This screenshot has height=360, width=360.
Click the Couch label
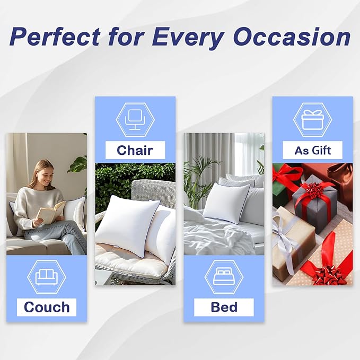47,307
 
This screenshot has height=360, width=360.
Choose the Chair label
135,150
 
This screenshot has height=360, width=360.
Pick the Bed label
224,307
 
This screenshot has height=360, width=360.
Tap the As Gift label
312,150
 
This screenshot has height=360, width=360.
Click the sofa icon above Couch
47,277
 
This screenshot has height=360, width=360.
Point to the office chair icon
135,120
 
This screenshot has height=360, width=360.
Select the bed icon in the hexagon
224,277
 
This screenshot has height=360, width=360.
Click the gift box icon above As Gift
312,120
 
